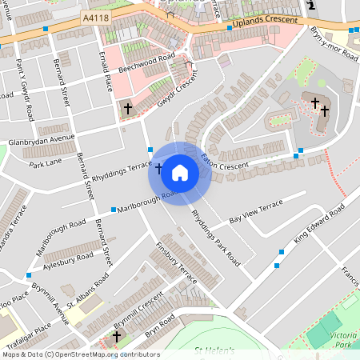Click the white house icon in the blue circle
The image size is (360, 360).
(x=180, y=172)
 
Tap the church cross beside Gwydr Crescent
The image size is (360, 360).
(x=127, y=107)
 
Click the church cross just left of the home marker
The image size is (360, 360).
(x=158, y=169)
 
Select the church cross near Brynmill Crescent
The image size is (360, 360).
(x=116, y=338)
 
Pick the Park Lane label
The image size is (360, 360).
(x=46, y=164)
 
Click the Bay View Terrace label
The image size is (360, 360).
(x=256, y=211)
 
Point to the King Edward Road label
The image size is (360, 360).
(x=318, y=223)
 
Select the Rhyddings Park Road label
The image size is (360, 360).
(x=215, y=237)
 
